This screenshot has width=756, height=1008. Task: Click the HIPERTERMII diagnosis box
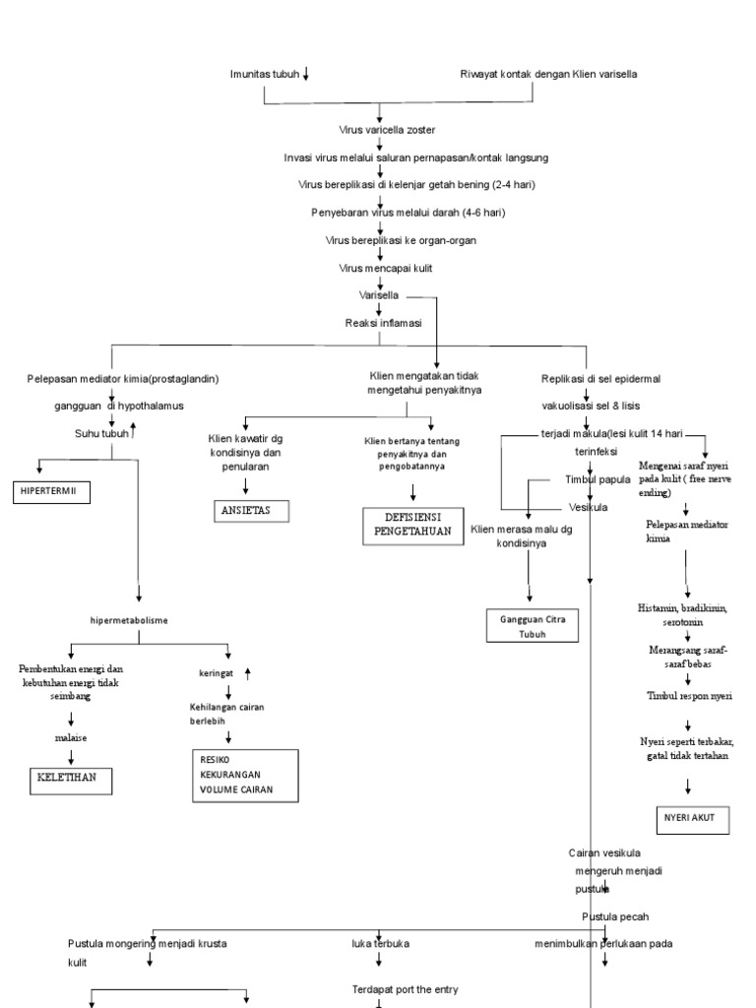click(50, 492)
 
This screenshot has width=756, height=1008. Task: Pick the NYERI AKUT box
click(691, 818)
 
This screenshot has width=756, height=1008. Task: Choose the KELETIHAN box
click(69, 781)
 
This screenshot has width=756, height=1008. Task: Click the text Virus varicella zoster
click(380, 130)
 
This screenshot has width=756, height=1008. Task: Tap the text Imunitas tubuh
click(264, 75)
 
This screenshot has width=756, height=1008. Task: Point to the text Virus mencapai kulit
click(380, 268)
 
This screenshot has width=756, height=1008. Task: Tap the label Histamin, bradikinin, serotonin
click(684, 615)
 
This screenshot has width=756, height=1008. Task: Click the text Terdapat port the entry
click(405, 988)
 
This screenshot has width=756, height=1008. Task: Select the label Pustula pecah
click(614, 916)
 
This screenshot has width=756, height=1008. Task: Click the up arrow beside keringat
click(247, 672)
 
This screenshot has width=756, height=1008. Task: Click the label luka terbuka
click(380, 943)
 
